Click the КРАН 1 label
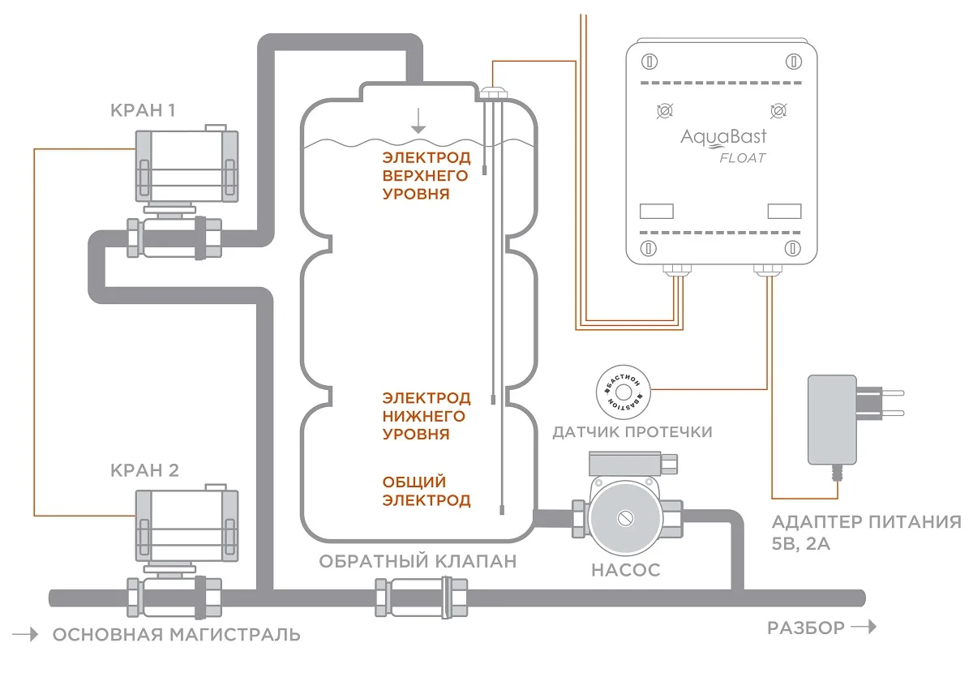click(144, 111)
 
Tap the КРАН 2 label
click(145, 471)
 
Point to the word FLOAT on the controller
click(743, 157)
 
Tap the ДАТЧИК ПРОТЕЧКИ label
click(632, 431)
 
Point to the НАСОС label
click(625, 570)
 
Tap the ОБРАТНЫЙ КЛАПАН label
click(417, 561)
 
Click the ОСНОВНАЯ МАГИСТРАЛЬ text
click(176, 634)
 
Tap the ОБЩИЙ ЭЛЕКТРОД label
click(426, 491)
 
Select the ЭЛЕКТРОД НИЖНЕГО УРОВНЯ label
click(426, 416)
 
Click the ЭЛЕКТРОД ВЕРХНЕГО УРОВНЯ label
click(426, 175)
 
